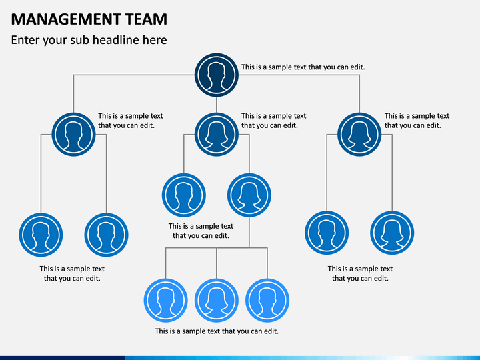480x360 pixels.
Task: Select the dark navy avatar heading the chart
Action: tap(217, 75)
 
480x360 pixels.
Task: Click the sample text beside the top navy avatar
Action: tap(303, 67)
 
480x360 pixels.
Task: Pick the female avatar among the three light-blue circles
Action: tap(217, 300)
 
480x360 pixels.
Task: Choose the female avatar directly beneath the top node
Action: tap(217, 135)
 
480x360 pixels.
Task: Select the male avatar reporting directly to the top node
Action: tap(73, 135)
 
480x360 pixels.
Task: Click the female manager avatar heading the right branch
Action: tap(359, 135)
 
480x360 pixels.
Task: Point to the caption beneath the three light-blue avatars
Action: tap(217, 331)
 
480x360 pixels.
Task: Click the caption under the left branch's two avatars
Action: tap(72, 273)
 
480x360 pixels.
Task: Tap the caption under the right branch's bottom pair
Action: tap(360, 273)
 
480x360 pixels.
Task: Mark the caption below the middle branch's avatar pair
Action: tap(201, 231)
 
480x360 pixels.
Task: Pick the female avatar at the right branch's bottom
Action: tap(392, 233)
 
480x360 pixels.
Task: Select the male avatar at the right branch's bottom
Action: tap(327, 233)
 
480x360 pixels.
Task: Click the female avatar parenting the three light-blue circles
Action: tap(249, 195)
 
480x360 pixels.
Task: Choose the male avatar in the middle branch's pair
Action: tap(184, 195)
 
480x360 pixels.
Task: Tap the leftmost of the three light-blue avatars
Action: tap(165, 300)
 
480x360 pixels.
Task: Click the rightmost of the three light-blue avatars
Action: tap(267, 300)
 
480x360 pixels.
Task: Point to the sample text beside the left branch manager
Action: tap(131, 121)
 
